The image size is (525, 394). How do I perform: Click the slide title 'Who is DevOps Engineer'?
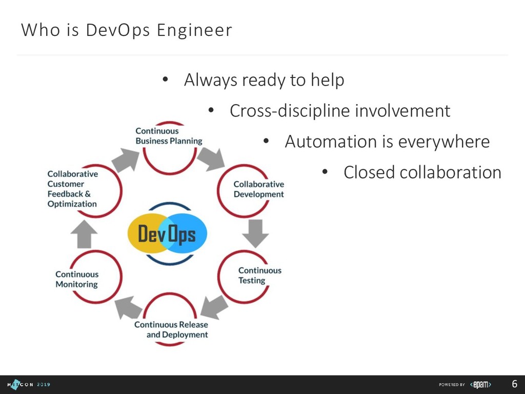point(126,30)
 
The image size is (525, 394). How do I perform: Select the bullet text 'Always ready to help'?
point(264,80)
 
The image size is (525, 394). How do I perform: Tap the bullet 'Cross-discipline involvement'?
point(339,111)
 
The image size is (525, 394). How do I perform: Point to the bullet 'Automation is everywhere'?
point(387,142)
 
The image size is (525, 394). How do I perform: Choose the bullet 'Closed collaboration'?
point(422,172)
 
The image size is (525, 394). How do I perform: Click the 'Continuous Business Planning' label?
point(169,136)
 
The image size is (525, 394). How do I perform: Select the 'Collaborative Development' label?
point(258,189)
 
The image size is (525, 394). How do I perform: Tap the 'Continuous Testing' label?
point(259,275)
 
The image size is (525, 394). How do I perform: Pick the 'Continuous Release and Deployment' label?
point(171,329)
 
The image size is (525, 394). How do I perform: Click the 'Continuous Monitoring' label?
point(77,279)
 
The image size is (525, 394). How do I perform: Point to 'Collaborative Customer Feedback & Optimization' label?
point(72,189)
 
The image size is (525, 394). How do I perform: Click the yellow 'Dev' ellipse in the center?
point(146,235)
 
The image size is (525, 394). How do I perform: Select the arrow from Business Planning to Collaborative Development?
point(211,159)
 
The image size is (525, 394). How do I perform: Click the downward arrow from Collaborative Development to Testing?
point(255,233)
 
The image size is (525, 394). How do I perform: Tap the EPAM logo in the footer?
point(481,384)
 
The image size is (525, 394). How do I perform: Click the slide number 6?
point(514,384)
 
